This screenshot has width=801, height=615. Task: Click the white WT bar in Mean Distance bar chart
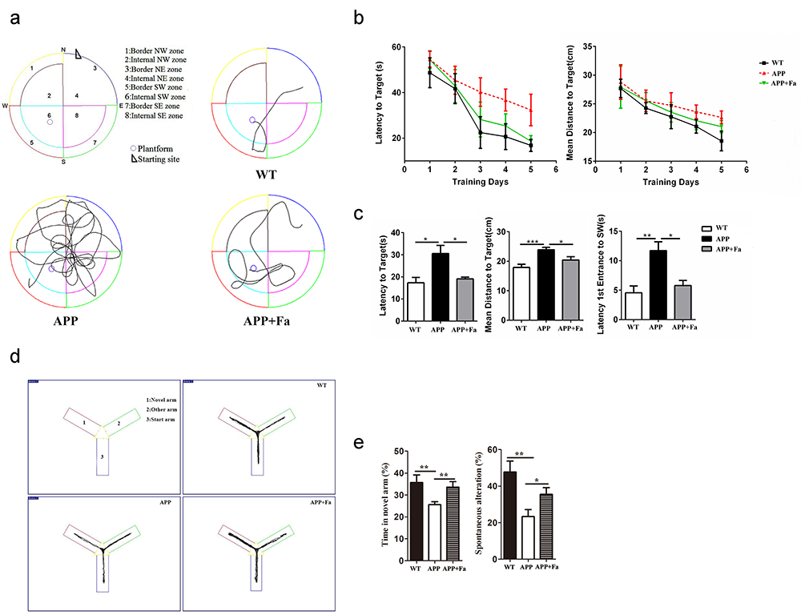pyautogui.click(x=521, y=293)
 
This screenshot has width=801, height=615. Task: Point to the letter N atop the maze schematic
pyautogui.click(x=63, y=50)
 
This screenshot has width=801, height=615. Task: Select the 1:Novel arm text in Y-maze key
pyautogui.click(x=159, y=398)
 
